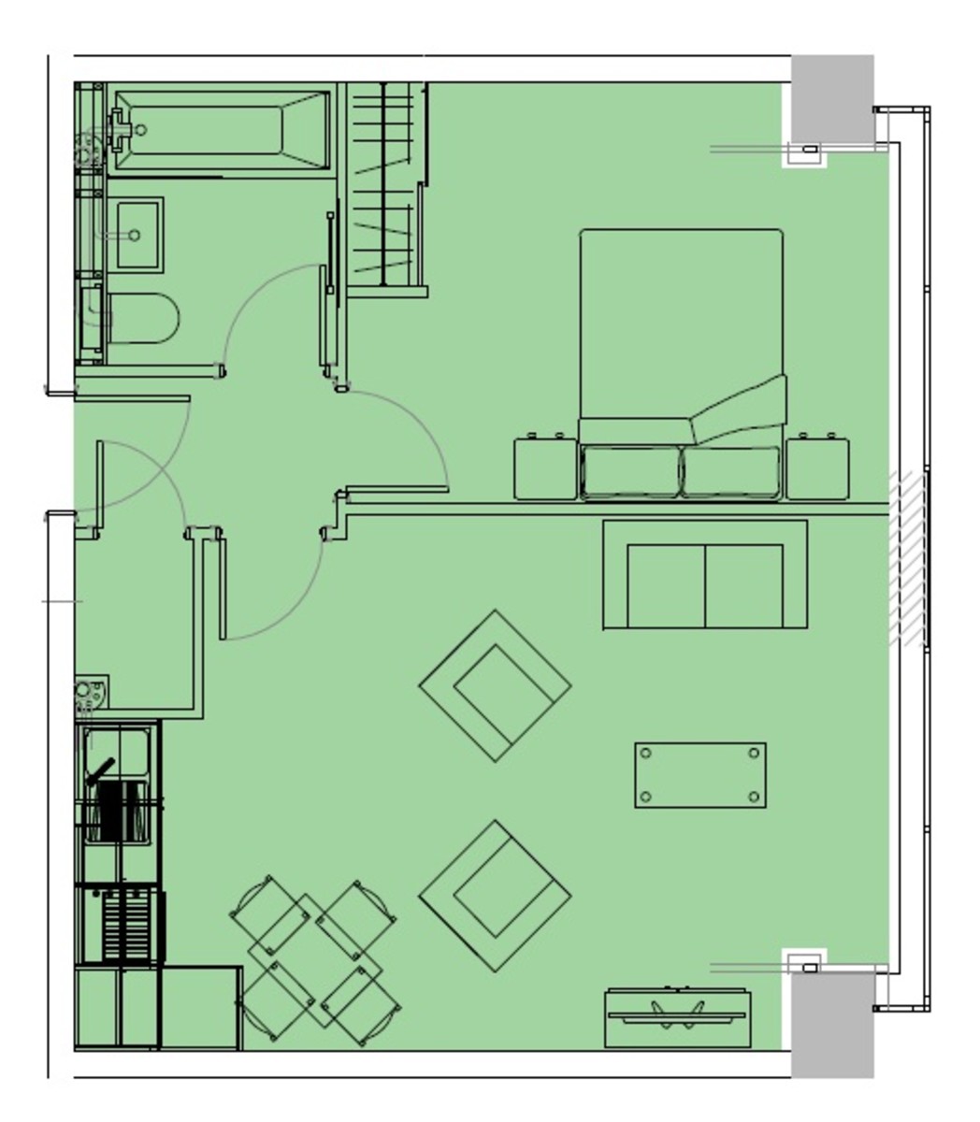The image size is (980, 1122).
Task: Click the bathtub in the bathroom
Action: pyautogui.click(x=220, y=131)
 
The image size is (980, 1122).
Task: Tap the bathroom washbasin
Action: pyautogui.click(x=136, y=234)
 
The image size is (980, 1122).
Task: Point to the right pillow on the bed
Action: pyautogui.click(x=731, y=471)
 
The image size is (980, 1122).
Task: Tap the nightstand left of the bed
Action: pyautogui.click(x=545, y=467)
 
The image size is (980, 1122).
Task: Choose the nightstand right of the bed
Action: pyautogui.click(x=818, y=467)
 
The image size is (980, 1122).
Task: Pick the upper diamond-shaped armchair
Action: pyautogui.click(x=495, y=686)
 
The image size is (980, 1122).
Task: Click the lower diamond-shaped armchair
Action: pyautogui.click(x=495, y=896)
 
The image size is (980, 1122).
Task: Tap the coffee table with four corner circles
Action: pyautogui.click(x=700, y=775)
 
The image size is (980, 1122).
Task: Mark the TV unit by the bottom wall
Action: pyautogui.click(x=675, y=1017)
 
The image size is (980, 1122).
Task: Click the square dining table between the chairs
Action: pyautogui.click(x=315, y=960)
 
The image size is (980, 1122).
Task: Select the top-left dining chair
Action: pyautogui.click(x=268, y=913)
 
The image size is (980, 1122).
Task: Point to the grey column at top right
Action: pyautogui.click(x=832, y=98)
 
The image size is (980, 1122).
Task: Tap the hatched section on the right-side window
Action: pyautogui.click(x=906, y=559)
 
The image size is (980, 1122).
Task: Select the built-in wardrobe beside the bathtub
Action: pyautogui.click(x=386, y=187)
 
